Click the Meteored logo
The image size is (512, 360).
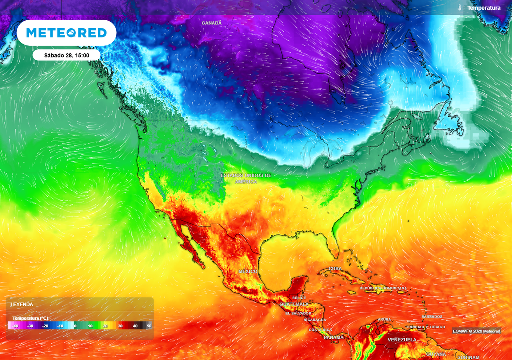click(x=66, y=33)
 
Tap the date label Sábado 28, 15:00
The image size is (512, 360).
click(x=67, y=55)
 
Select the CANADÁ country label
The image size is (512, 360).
click(x=211, y=23)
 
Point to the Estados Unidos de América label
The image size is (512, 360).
click(x=247, y=178)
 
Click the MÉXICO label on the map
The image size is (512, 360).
click(x=248, y=271)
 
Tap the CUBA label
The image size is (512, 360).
click(x=335, y=268)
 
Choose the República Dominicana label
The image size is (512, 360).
click(x=383, y=288)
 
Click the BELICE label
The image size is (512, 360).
click(x=299, y=298)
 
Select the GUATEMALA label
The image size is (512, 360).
click(x=295, y=304)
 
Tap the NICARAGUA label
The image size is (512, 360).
click(x=315, y=320)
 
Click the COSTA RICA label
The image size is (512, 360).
click(x=320, y=330)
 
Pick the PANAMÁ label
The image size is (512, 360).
click(x=334, y=338)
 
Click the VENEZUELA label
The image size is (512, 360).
click(x=402, y=340)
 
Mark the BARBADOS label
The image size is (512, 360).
click(x=432, y=317)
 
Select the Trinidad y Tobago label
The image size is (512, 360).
click(x=425, y=327)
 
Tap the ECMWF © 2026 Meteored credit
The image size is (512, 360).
click(x=477, y=331)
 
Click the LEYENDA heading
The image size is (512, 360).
click(x=22, y=304)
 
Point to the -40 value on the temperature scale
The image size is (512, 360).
click(x=16, y=326)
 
